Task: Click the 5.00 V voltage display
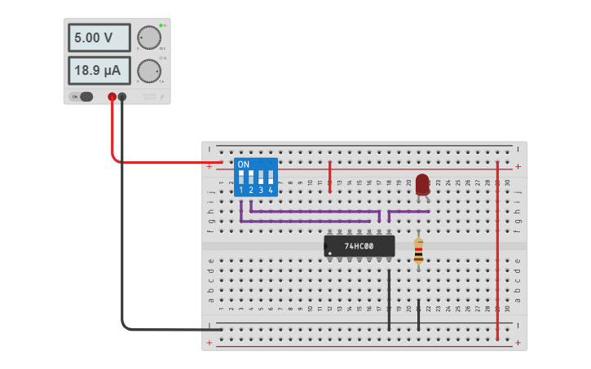click(99, 37)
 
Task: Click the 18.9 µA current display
click(99, 71)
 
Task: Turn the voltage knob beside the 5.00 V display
click(149, 37)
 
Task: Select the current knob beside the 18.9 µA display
click(149, 71)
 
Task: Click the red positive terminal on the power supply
click(112, 97)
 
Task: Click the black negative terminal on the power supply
click(122, 97)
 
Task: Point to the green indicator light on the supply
click(161, 25)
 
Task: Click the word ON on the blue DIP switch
click(243, 165)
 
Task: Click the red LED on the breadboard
click(421, 184)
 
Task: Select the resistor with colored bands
click(418, 251)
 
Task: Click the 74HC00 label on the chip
click(359, 246)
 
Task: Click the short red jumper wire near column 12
click(329, 176)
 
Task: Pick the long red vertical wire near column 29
click(497, 244)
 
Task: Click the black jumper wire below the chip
click(389, 301)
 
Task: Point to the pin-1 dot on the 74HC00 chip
click(329, 253)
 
